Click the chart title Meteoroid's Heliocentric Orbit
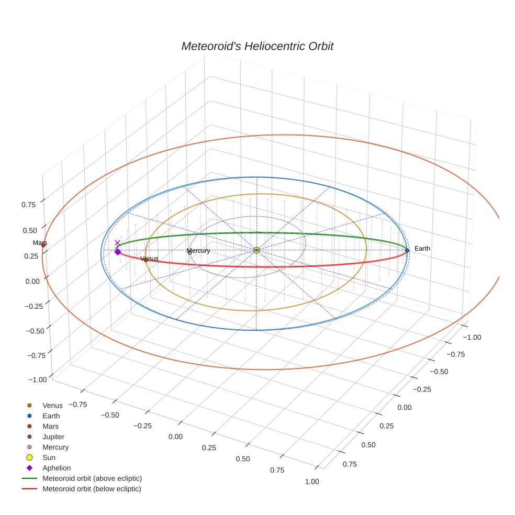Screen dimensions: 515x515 257,46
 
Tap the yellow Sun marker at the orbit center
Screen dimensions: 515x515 256,250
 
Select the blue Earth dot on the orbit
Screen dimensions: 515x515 407,251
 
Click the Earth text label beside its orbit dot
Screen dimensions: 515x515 422,249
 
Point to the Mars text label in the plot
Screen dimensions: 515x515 40,243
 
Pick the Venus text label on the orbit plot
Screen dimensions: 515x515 150,259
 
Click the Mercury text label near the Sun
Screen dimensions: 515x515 198,251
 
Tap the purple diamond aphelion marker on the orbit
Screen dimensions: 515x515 118,252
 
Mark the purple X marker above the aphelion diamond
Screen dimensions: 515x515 118,243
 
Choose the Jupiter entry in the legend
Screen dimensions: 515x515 53,436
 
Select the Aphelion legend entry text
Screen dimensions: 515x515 57,468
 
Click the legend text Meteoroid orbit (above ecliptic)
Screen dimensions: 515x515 92,478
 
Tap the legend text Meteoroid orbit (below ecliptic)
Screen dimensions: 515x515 92,489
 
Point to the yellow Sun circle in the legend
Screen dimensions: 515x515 29,457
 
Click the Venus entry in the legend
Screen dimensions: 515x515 52,405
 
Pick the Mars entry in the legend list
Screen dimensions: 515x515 51,426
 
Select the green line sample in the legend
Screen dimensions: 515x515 29,478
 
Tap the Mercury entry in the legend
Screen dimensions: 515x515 55,447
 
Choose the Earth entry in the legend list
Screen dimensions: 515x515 51,416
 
